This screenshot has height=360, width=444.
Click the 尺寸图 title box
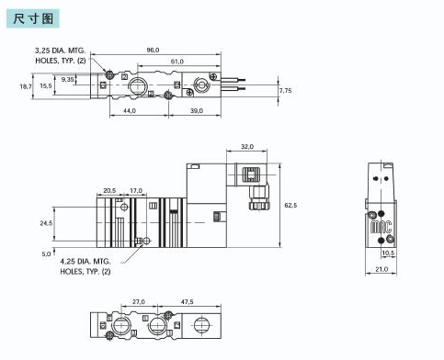point(33,18)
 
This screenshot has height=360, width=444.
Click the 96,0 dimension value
point(153,51)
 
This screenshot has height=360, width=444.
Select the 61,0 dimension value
point(176,62)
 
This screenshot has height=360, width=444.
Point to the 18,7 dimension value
point(26,86)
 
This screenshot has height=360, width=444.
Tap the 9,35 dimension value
point(67,80)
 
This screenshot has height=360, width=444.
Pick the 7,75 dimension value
point(286,91)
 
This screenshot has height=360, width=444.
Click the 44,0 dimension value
point(130,111)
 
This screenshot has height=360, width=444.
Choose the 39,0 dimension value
point(197,111)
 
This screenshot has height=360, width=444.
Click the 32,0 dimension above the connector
point(247,147)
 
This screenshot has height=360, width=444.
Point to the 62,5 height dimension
point(290,206)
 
